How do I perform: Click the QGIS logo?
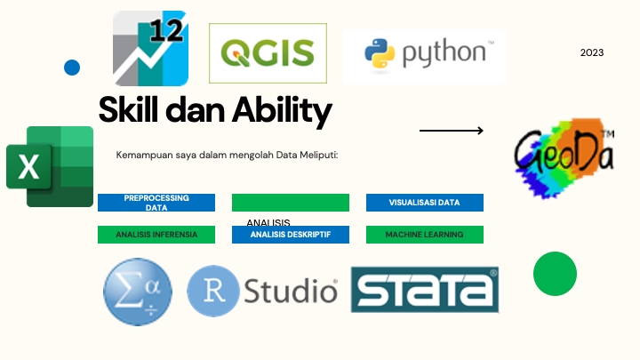click(x=268, y=53)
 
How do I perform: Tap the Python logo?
click(x=424, y=56)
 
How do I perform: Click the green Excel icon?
click(x=50, y=166)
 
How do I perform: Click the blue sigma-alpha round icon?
click(x=138, y=292)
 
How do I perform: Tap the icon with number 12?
click(x=150, y=48)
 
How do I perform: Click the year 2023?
click(x=592, y=52)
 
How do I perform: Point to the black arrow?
click(x=452, y=131)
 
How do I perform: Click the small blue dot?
click(x=72, y=67)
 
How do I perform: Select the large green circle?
click(x=555, y=274)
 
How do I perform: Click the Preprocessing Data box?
click(x=156, y=203)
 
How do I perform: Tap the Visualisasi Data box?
click(x=424, y=203)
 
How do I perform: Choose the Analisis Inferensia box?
click(x=156, y=235)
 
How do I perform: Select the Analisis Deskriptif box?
click(x=290, y=235)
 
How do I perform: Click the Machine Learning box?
click(x=424, y=235)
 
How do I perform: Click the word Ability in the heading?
click(x=282, y=111)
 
